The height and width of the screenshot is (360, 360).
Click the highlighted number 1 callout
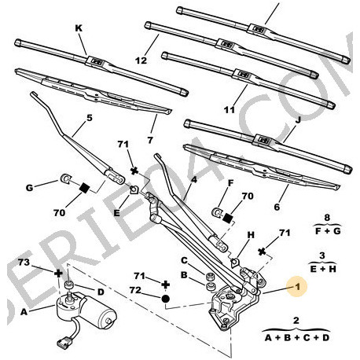(x=297, y=287)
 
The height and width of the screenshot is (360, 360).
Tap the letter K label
(x=79, y=28)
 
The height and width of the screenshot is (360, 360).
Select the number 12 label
(x=141, y=61)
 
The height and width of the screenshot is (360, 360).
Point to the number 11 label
(x=230, y=110)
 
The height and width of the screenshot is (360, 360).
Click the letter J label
(x=297, y=120)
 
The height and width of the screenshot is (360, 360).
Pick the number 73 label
(x=24, y=263)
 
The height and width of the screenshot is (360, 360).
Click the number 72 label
(x=135, y=290)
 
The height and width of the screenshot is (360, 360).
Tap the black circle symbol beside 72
(x=165, y=299)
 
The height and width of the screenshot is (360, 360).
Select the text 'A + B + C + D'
(x=296, y=337)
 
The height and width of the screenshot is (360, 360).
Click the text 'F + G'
(x=328, y=231)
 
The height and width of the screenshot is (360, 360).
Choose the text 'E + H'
(x=323, y=269)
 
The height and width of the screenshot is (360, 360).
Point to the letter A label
(x=24, y=312)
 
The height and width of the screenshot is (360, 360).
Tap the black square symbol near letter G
(x=84, y=188)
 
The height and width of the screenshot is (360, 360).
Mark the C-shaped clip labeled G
(x=64, y=178)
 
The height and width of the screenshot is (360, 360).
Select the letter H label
(x=251, y=235)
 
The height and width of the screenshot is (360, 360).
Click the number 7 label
(x=150, y=140)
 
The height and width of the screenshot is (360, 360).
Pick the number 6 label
(x=277, y=207)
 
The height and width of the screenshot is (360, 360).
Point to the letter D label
(x=101, y=292)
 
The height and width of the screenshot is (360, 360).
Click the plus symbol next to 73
(x=58, y=274)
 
